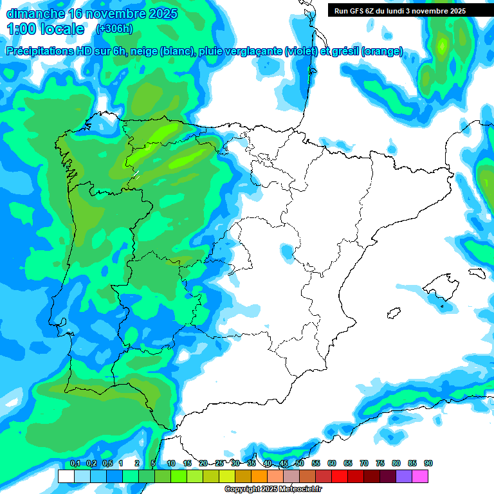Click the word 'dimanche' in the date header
click(35, 14)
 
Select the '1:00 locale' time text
click(46, 29)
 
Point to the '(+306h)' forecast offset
click(114, 29)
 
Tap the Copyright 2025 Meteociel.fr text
click(273, 489)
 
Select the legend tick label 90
click(428, 463)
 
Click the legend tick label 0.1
click(75, 463)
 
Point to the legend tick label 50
click(300, 463)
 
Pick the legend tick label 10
click(171, 463)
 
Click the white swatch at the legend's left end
click(66, 476)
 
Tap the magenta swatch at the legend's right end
click(420, 476)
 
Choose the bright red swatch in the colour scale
click(340, 476)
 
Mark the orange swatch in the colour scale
click(259, 476)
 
